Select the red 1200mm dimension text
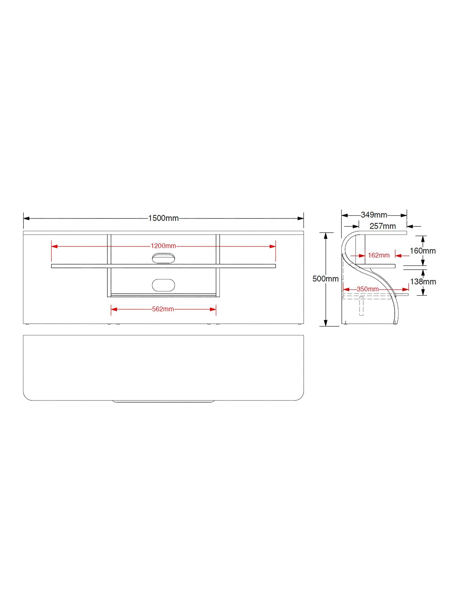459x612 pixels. pos(163,246)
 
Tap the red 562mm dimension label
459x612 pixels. pos(163,309)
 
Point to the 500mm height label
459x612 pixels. pos(325,279)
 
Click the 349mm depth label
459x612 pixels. pos(374,215)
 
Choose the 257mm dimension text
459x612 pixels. pos(383,226)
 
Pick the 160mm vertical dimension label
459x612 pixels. pos(422,251)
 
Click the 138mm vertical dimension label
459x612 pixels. pos(423,282)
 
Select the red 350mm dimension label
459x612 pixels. pos(368,289)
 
